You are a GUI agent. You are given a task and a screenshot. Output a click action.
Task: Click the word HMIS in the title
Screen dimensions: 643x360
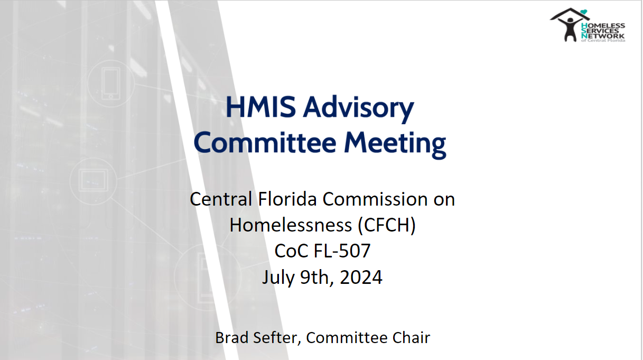[x=260, y=107]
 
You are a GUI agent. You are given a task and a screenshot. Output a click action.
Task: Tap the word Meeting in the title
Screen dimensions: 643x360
[x=395, y=144]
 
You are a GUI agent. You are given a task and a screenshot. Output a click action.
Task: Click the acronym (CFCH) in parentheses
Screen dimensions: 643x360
[x=387, y=225]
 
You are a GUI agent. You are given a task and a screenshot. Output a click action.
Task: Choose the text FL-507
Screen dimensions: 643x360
[x=342, y=251]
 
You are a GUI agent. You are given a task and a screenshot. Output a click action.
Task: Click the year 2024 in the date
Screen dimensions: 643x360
[x=361, y=277]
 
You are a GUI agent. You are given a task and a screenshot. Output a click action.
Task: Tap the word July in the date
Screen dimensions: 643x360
[x=278, y=278]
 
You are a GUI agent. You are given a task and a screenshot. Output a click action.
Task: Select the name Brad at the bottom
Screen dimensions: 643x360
[x=232, y=338]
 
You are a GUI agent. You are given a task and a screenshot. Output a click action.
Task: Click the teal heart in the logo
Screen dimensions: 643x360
[x=584, y=12]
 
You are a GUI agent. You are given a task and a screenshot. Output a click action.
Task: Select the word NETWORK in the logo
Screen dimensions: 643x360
[x=603, y=36]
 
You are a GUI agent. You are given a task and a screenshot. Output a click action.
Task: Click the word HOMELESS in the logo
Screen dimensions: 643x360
[x=603, y=25]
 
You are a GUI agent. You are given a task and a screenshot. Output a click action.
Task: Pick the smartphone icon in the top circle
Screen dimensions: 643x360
[x=111, y=84]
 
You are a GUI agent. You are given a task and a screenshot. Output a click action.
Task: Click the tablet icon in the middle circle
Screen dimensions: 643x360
[x=94, y=180]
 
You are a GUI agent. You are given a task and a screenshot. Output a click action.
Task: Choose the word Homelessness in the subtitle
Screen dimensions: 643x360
[x=291, y=225]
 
